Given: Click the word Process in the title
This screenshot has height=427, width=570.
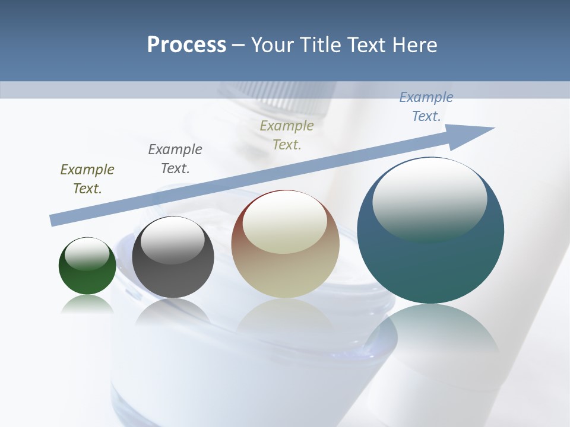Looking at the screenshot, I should click(x=186, y=45).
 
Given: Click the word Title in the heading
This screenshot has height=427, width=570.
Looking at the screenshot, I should click(x=323, y=45).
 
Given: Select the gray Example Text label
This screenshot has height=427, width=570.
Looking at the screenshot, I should click(x=175, y=159).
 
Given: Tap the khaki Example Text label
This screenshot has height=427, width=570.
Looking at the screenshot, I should click(x=287, y=135).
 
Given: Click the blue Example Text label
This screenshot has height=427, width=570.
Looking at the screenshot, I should click(x=426, y=107).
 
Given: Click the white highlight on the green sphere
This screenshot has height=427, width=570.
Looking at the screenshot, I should click(x=87, y=254).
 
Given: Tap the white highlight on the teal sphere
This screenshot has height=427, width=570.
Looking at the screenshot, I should click(x=429, y=199).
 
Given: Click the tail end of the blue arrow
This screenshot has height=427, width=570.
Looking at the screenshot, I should click(x=55, y=220).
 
